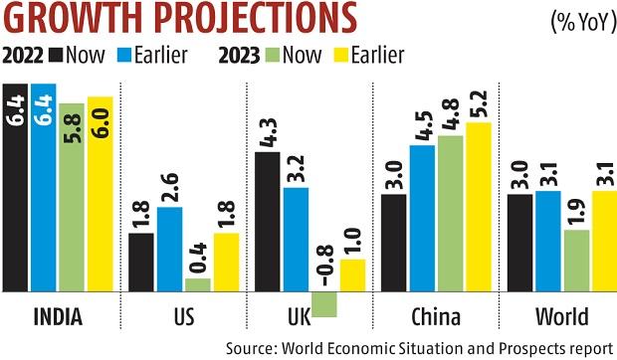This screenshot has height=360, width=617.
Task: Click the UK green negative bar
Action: click(325, 304)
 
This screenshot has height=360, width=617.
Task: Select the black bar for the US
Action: click(141, 263)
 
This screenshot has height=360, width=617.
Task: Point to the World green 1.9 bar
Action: click(576, 261)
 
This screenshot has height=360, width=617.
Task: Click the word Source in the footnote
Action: click(249, 348)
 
